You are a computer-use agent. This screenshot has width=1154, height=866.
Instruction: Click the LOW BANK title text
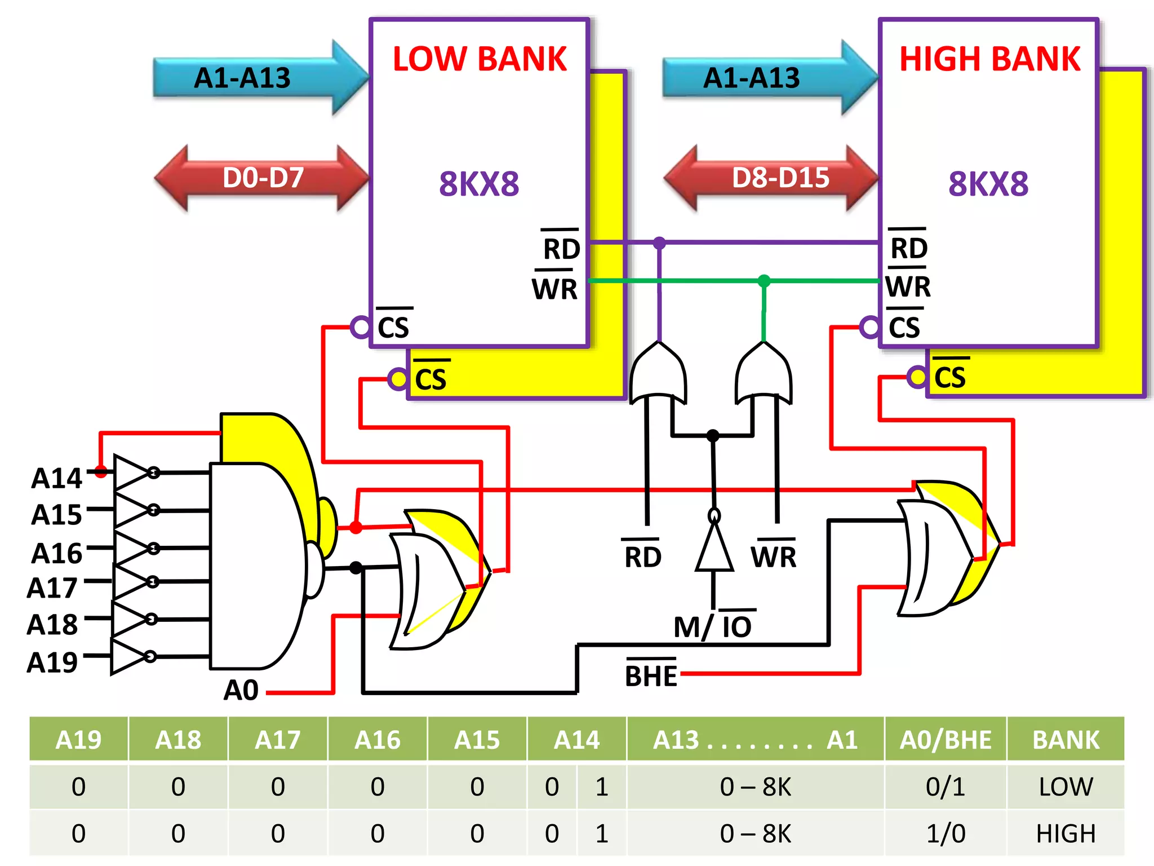coord(479,59)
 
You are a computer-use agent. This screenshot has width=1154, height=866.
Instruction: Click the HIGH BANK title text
coord(989,59)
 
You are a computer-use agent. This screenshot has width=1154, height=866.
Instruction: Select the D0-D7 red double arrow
coord(263,178)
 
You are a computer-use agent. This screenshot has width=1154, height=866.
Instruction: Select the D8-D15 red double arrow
coord(780,178)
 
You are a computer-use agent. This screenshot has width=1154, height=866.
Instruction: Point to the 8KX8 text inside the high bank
coord(988,184)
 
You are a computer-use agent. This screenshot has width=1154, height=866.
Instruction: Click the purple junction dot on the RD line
coord(659,243)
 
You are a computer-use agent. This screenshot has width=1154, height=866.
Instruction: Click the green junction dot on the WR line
coord(764,281)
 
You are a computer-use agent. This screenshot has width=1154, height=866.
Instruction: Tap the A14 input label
coord(56,479)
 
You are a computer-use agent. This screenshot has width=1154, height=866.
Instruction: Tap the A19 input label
coord(52,662)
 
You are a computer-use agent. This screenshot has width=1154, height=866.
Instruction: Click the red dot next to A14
coord(101,472)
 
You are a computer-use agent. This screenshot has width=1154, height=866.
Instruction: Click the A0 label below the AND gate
coord(241,690)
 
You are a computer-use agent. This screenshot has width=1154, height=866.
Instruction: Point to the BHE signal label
coord(651,675)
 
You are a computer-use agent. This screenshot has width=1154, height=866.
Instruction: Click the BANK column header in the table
coord(1065,740)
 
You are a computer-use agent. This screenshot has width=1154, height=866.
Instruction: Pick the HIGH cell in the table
coord(1065,833)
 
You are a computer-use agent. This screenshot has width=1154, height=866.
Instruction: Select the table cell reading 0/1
coord(945,787)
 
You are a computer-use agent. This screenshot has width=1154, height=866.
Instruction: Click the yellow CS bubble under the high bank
coord(917,377)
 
